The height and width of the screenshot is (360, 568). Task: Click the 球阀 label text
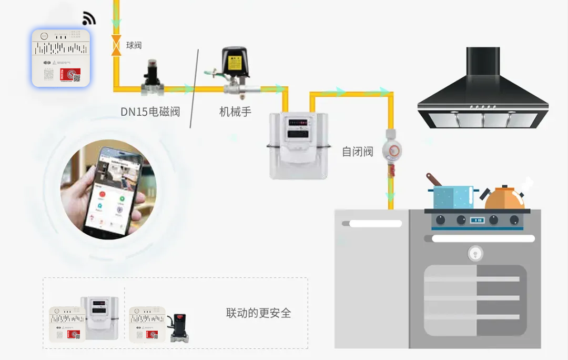coord(134,45)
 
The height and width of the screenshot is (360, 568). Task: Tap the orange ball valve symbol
coord(116,45)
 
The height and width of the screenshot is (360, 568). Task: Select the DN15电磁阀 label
coord(150,111)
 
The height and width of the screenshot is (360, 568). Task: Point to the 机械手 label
coord(235,111)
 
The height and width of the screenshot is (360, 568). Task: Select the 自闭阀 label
coord(358,152)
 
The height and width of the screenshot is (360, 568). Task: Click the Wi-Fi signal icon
coord(89,19)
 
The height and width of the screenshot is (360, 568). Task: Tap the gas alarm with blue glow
coord(60,58)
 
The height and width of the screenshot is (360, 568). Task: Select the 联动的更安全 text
coord(258,313)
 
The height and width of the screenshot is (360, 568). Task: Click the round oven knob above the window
coord(475,253)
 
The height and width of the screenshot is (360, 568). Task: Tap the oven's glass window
coord(474,300)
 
